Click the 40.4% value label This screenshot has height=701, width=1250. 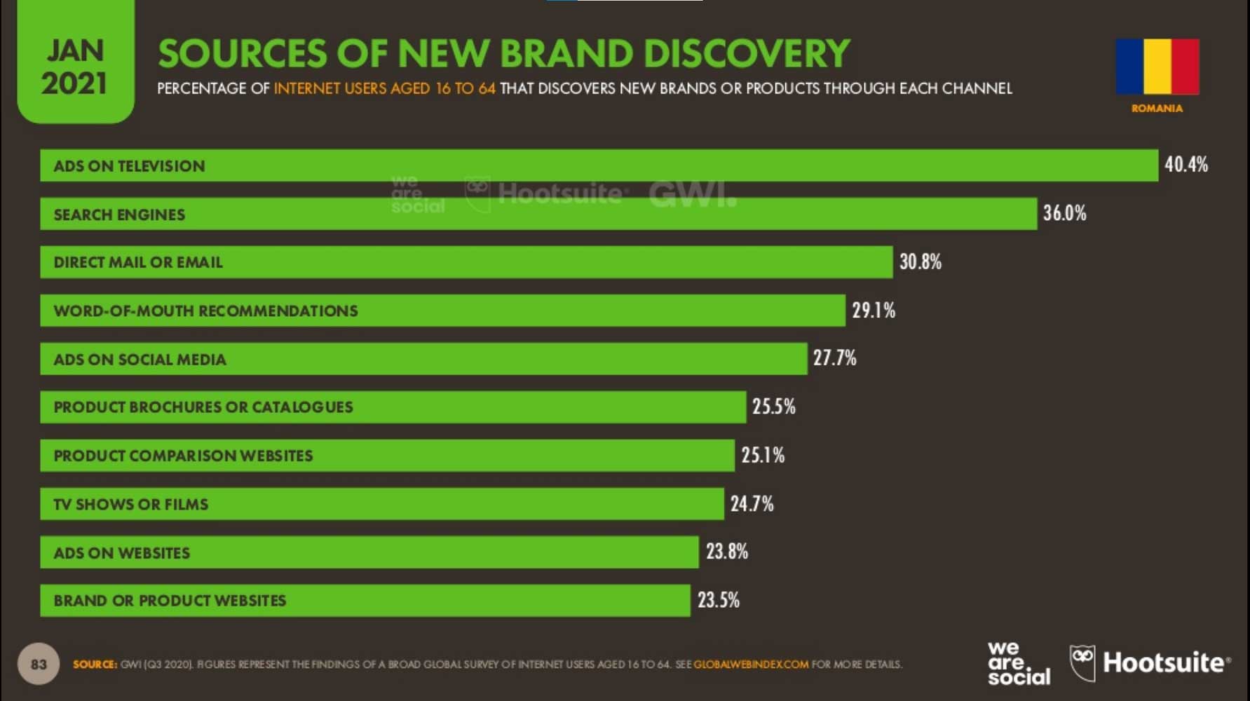[x=1186, y=165]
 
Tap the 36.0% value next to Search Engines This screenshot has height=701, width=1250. [x=1064, y=213]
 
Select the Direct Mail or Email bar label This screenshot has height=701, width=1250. [x=138, y=262]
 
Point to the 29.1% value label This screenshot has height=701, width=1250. [x=874, y=311]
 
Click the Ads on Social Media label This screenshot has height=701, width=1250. [x=140, y=360]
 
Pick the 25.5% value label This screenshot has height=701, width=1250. [x=774, y=407]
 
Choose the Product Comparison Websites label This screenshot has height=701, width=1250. [x=183, y=456]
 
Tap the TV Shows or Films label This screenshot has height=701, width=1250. [x=131, y=504]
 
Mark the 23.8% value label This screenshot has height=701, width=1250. [x=727, y=552]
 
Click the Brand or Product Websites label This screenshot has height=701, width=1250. [x=170, y=601]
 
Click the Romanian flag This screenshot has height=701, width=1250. [x=1157, y=67]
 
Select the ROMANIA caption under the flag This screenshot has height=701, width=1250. [x=1157, y=108]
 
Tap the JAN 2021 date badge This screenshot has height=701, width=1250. [x=74, y=67]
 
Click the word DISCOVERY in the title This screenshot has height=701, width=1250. [x=746, y=54]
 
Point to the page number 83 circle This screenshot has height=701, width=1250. [x=39, y=663]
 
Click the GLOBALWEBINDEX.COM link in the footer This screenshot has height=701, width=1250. [x=751, y=664]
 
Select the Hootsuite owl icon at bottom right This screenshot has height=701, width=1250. [x=1082, y=662]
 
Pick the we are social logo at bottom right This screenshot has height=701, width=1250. [x=1019, y=663]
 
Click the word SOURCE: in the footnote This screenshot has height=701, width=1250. [x=95, y=664]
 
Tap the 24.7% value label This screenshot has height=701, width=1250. [x=752, y=503]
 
